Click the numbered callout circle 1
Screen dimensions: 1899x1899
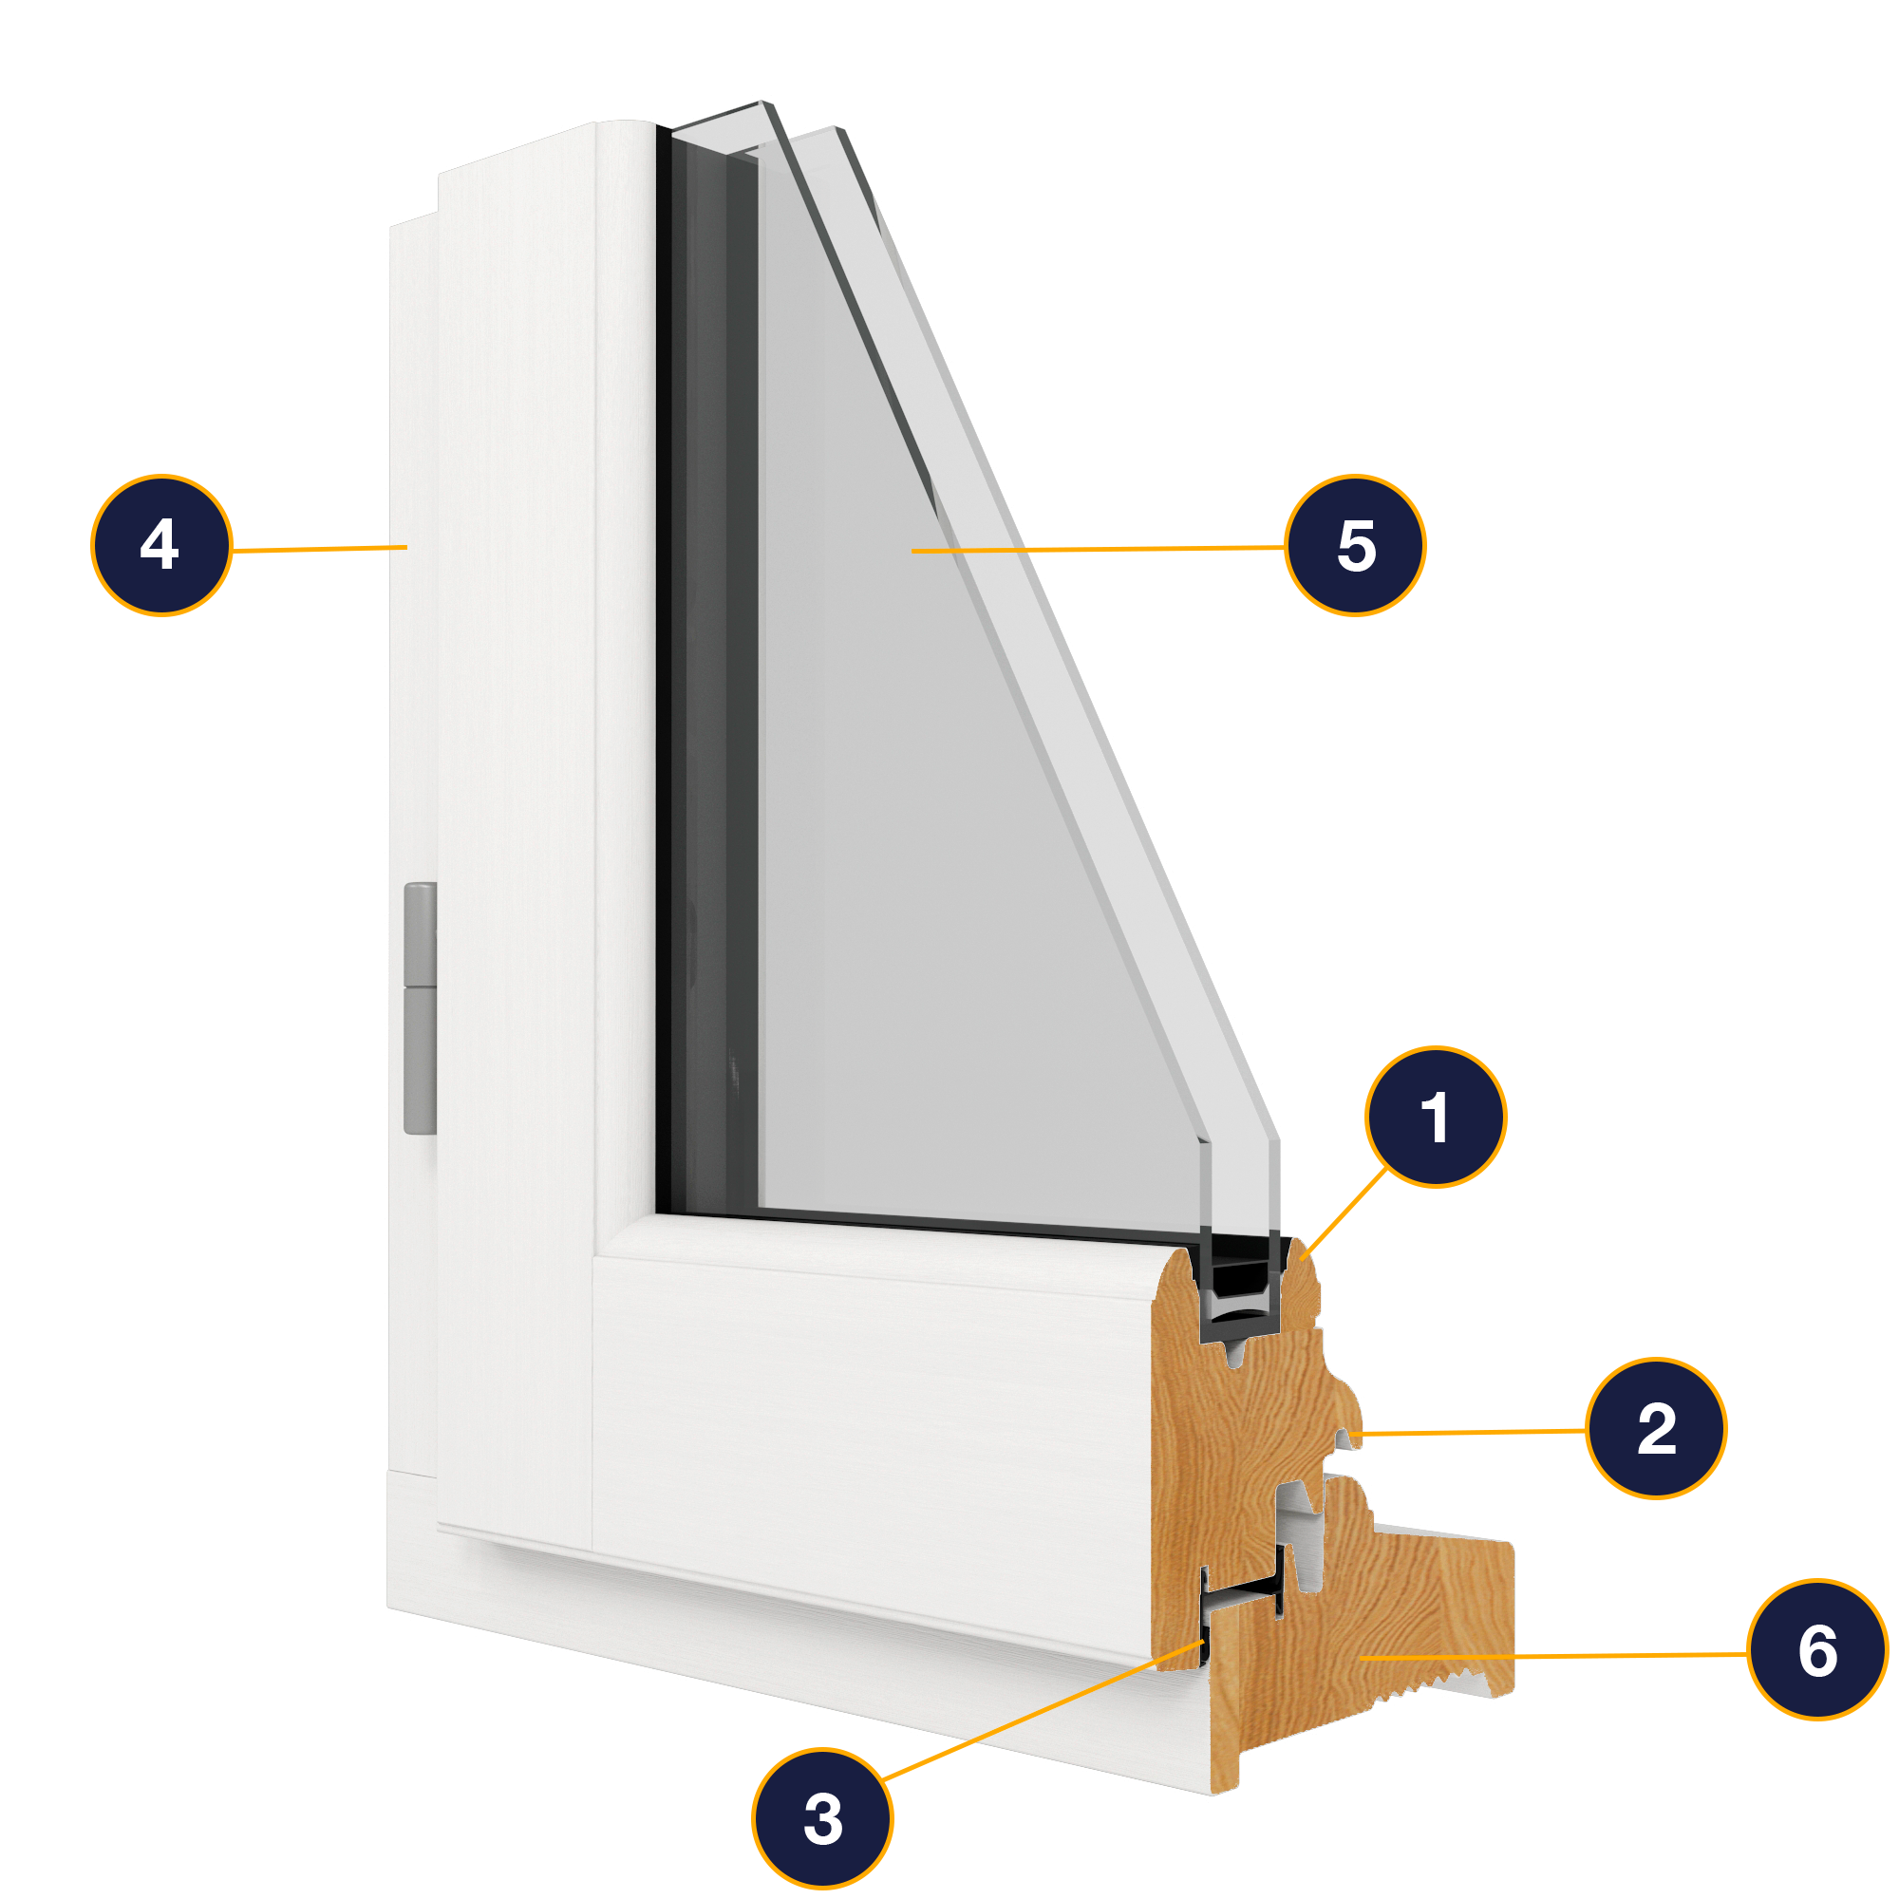1435,1118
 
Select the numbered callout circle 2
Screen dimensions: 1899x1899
1656,1428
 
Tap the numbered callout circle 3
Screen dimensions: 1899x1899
822,1818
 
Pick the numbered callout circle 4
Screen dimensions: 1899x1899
161,546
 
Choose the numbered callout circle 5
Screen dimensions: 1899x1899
1356,546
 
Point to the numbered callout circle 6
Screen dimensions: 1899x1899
1817,1650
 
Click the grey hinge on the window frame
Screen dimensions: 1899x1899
420,1007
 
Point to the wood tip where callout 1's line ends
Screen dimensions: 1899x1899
1304,1252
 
